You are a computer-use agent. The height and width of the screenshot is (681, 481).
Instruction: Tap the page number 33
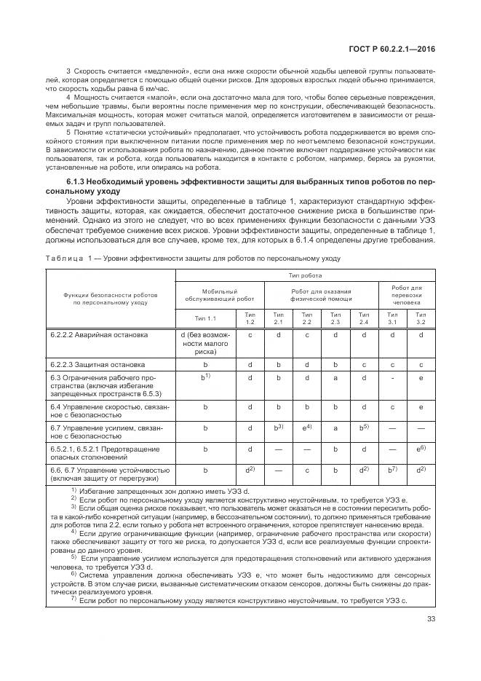(x=431, y=620)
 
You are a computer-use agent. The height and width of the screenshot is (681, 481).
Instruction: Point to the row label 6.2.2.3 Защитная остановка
(x=98, y=363)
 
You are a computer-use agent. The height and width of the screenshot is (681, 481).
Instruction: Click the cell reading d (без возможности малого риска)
(x=206, y=343)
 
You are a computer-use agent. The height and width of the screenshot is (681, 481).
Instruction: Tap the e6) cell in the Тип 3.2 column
(x=421, y=449)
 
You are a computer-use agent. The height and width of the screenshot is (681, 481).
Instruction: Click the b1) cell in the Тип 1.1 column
(x=206, y=378)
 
